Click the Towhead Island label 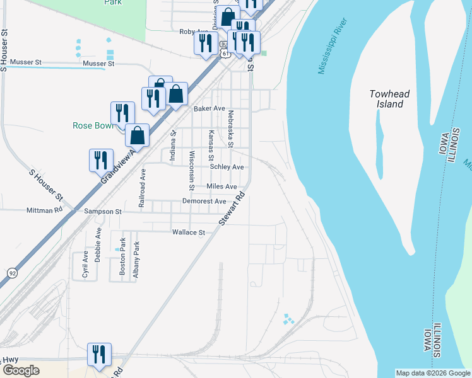click(389, 99)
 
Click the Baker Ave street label click(209, 108)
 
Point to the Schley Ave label click(227, 167)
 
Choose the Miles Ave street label click(221, 186)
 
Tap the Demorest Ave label click(204, 201)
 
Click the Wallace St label click(189, 232)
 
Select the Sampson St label click(103, 212)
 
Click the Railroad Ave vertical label click(143, 188)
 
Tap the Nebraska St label click(231, 129)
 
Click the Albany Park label click(135, 259)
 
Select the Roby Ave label click(194, 31)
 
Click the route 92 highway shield click(12, 273)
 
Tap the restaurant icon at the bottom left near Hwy click(99, 354)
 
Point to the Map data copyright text click(433, 373)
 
